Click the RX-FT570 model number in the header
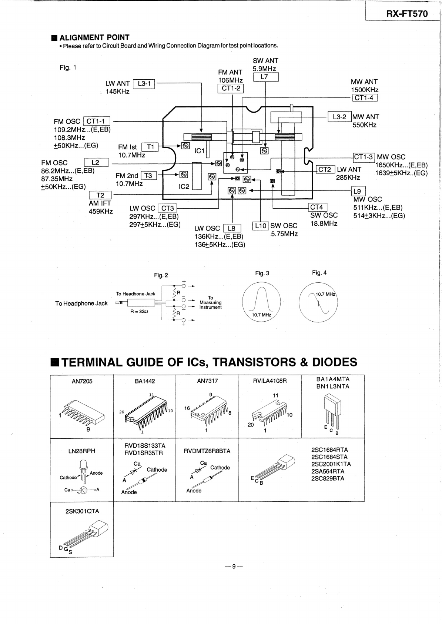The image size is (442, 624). coord(407,14)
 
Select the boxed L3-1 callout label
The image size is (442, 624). coord(144,84)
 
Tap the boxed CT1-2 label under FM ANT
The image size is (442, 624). coord(231,89)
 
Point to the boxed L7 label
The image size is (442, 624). coord(265,77)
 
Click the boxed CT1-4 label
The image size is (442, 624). coord(365,98)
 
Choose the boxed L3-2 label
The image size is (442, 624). coord(339,117)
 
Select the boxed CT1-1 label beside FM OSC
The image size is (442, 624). coord(97,121)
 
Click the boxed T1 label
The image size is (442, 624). coord(150,147)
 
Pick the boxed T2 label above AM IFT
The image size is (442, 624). coord(100,195)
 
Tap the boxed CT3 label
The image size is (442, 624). coord(167,208)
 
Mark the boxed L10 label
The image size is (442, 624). coord(261,226)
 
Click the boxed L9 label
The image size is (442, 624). coord(358,191)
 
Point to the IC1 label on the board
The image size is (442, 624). coord(200,151)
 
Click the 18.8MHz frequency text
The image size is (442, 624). coord(324,223)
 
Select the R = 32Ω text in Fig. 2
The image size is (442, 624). coord(139,311)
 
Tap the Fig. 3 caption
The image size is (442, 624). coord(262,273)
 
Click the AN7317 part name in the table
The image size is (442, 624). coord(207,381)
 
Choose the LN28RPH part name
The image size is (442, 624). coord(81,451)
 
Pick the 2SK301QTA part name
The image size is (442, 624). coord(82,511)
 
